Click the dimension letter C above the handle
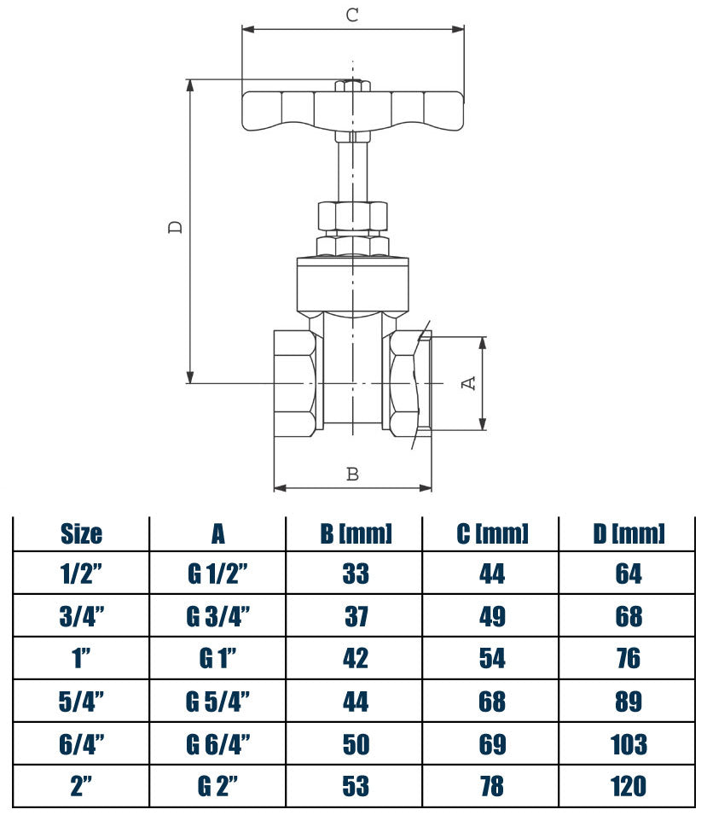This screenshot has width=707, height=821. click(351, 14)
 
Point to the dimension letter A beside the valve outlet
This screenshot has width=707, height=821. click(468, 383)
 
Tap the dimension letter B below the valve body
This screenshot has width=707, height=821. click(352, 474)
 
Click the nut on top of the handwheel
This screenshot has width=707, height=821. click(351, 86)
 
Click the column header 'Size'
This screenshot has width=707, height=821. click(82, 534)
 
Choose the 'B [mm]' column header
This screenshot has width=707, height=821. click(356, 534)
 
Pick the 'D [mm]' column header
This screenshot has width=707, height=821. click(629, 534)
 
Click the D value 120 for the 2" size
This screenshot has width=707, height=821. click(629, 786)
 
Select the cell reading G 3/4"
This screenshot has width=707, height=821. click(218, 616)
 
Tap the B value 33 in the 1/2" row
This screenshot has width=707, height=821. click(356, 574)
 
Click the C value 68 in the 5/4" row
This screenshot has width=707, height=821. click(492, 702)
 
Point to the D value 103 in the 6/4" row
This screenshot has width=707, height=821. click(629, 744)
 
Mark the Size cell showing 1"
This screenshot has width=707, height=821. click(82, 659)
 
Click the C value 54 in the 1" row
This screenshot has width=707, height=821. click(492, 659)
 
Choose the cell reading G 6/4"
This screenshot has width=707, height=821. click(218, 744)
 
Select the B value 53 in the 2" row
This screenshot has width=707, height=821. click(356, 786)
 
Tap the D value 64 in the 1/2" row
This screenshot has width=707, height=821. click(629, 574)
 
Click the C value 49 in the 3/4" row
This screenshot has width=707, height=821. click(492, 616)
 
